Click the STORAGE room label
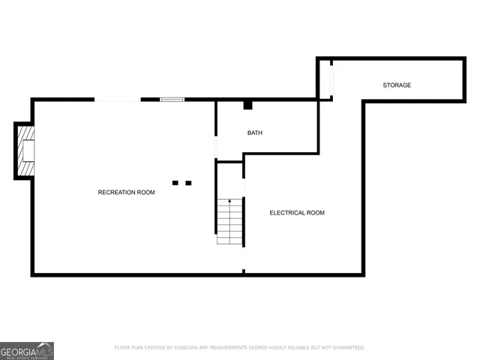tap(397, 85)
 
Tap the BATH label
tap(255, 133)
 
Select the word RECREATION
tap(115, 193)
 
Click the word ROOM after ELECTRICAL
tap(315, 213)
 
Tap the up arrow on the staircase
tap(230, 202)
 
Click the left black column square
tap(175, 182)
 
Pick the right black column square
tap(188, 182)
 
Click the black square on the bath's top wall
tap(247, 104)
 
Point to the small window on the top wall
tap(172, 98)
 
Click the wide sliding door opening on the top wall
tap(117, 99)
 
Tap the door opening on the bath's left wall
tap(216, 146)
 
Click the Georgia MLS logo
tap(27, 350)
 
